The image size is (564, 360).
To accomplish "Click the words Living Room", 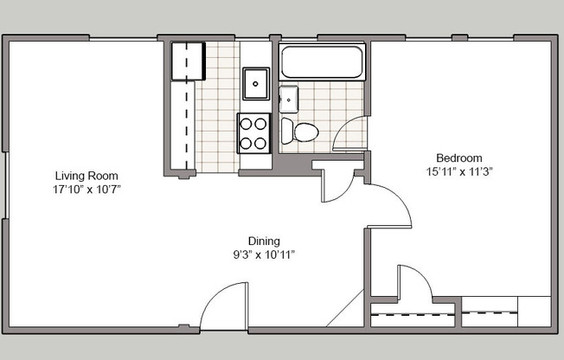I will pyautogui.click(x=86, y=176).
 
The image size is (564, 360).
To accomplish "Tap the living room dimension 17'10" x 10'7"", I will pyautogui.click(x=86, y=189).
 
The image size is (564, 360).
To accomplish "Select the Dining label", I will pyautogui.click(x=264, y=241).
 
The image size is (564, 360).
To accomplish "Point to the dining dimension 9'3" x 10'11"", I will pyautogui.click(x=264, y=254).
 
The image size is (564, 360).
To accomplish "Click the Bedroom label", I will pyautogui.click(x=458, y=157).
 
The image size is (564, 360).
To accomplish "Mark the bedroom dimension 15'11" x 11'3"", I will pyautogui.click(x=458, y=170).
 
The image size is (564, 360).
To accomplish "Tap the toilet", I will pyautogui.click(x=299, y=132).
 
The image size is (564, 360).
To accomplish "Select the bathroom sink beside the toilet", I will pyautogui.click(x=288, y=100).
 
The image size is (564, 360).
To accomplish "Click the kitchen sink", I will pyautogui.click(x=256, y=84).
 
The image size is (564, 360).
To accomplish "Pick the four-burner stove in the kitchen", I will pyautogui.click(x=254, y=133).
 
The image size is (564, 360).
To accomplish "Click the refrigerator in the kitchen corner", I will pyautogui.click(x=186, y=61).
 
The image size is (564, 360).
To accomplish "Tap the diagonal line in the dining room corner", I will pyautogui.click(x=344, y=310).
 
